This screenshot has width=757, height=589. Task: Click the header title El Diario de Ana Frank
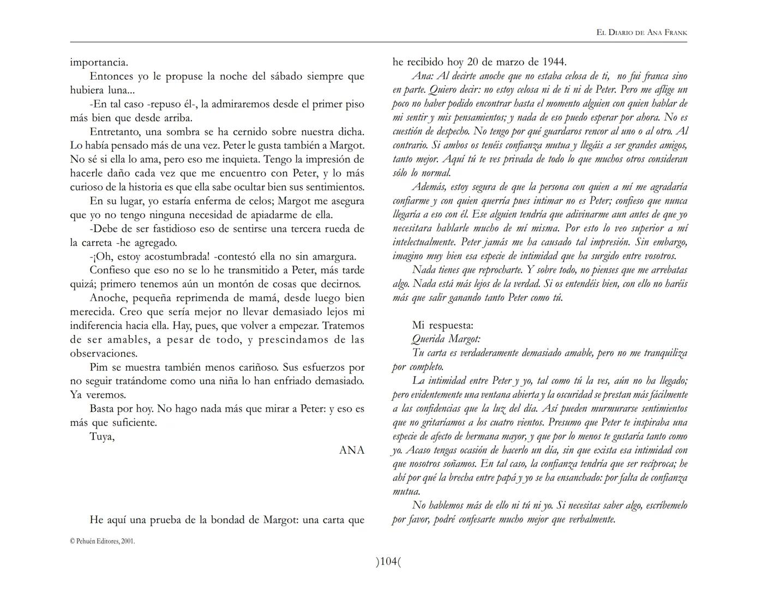(642, 33)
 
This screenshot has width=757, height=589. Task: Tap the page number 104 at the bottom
(388, 561)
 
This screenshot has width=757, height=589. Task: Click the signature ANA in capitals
(352, 450)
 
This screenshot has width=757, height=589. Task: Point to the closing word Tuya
(101, 437)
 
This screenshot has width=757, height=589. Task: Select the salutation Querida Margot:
(446, 339)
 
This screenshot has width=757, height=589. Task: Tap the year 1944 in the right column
(554, 62)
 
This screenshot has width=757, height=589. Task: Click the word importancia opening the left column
(99, 63)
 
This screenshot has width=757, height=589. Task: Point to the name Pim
(99, 368)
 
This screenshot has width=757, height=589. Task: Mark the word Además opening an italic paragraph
(431, 187)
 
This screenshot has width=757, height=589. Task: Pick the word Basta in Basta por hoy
(103, 409)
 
